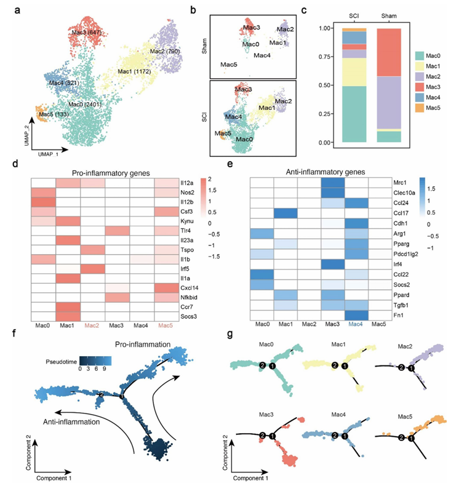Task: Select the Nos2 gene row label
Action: pyautogui.click(x=214, y=193)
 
